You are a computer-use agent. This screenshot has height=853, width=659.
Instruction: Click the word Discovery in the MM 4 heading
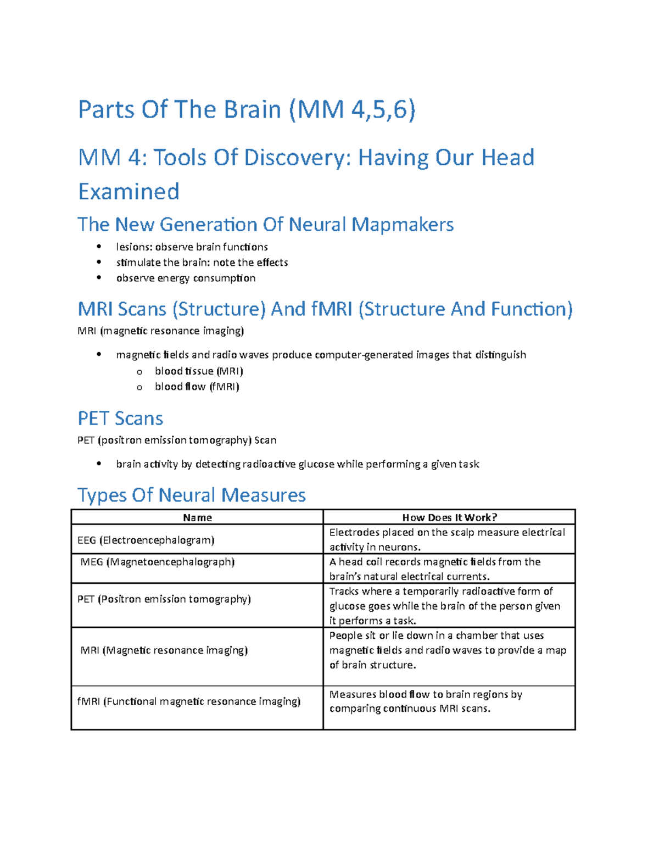[x=297, y=158]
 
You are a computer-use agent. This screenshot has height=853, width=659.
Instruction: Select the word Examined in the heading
[x=129, y=192]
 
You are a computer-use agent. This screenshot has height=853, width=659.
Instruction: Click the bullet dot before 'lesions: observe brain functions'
[x=99, y=246]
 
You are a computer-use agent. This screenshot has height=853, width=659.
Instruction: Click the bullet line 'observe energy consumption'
[x=186, y=278]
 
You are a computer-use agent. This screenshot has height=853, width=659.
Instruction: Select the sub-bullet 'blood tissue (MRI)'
[x=199, y=371]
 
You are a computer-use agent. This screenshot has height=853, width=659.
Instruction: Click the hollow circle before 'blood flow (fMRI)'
[x=139, y=387]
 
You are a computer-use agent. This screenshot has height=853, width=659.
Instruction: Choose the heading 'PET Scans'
[x=120, y=419]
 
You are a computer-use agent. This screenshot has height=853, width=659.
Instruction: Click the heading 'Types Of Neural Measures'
[x=191, y=495]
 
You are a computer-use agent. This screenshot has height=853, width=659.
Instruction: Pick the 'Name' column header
[x=197, y=517]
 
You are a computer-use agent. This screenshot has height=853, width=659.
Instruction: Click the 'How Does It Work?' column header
[x=449, y=517]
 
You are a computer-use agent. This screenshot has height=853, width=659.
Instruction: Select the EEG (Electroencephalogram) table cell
[x=146, y=540]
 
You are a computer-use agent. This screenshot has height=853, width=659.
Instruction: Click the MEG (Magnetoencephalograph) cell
[x=157, y=562]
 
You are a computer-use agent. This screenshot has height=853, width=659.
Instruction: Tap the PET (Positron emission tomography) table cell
[x=164, y=599]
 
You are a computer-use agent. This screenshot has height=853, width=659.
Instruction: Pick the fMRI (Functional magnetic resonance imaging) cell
[x=188, y=701]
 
